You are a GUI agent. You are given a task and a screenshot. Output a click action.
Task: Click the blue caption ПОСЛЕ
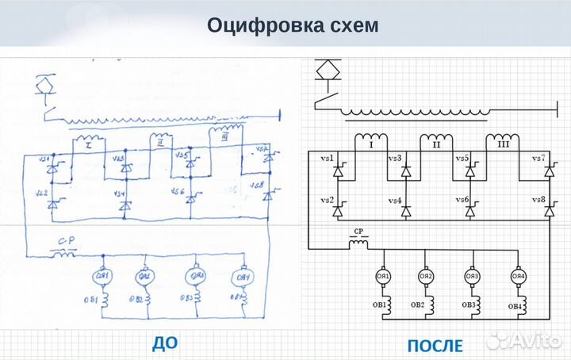click(435, 346)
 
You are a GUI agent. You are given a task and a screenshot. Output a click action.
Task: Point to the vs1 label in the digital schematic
click(325, 159)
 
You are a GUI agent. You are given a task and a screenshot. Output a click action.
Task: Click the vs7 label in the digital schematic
click(538, 159)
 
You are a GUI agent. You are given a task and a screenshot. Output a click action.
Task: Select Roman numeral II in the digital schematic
click(435, 145)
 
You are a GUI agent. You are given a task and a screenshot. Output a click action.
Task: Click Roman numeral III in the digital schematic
click(502, 145)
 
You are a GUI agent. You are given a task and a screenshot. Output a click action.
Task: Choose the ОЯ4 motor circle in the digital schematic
click(519, 276)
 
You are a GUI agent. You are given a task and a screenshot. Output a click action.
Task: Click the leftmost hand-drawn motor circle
click(104, 276)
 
